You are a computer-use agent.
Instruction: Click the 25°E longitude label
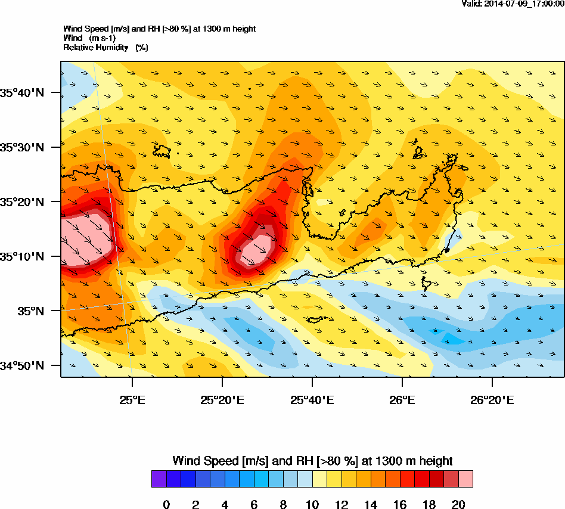pyautogui.click(x=132, y=399)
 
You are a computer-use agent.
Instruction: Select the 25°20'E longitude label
pyautogui.click(x=222, y=399)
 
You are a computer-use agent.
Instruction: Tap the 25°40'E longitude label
pyautogui.click(x=312, y=399)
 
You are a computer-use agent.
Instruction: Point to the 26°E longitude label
pyautogui.click(x=402, y=399)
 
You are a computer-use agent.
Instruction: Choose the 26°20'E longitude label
pyautogui.click(x=492, y=399)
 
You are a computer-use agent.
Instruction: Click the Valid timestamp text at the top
pyautogui.click(x=513, y=4)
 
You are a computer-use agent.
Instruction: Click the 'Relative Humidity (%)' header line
pyautogui.click(x=105, y=47)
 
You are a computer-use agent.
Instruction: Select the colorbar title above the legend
pyautogui.click(x=312, y=461)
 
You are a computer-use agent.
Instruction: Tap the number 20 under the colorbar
pyautogui.click(x=458, y=505)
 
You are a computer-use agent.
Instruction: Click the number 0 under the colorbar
pyautogui.click(x=166, y=505)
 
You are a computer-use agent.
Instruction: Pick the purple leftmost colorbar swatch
pyautogui.click(x=159, y=479)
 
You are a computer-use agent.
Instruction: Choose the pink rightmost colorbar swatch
pyautogui.click(x=465, y=479)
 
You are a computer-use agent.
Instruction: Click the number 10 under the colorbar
pyautogui.click(x=312, y=505)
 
